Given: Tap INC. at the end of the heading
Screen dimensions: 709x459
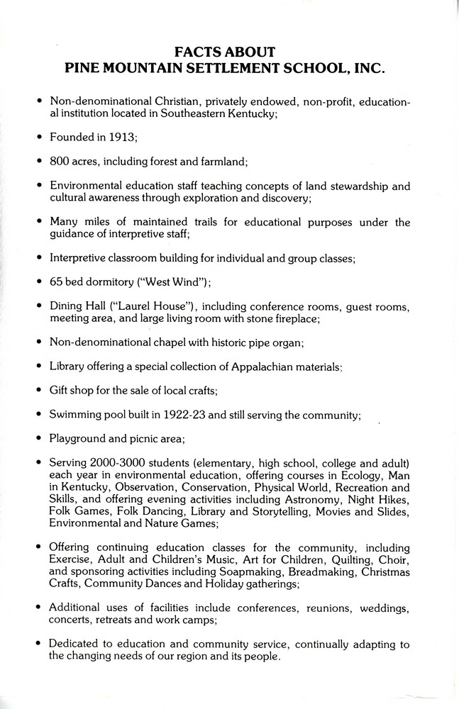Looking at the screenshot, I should pyautogui.click(x=365, y=69).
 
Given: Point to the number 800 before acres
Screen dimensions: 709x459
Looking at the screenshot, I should pyautogui.click(x=60, y=162).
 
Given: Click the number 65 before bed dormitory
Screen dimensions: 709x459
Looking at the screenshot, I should pyautogui.click(x=56, y=283).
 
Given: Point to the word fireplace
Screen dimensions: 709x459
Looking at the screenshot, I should pyautogui.click(x=292, y=319).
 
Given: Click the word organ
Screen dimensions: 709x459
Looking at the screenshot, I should pyautogui.click(x=287, y=343).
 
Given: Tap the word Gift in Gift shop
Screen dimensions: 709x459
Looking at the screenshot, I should pyautogui.click(x=59, y=391).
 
